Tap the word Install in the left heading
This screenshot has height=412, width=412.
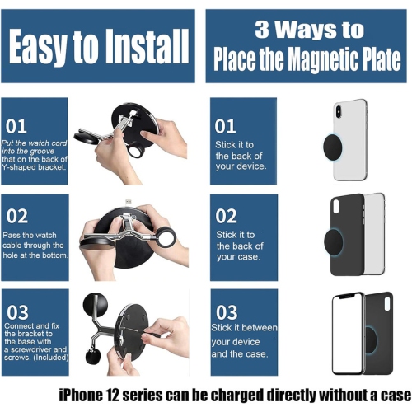(145, 48)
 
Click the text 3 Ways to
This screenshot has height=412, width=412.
(308, 30)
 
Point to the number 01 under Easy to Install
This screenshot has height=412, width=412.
(17, 126)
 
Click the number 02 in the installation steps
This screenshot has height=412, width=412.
(17, 217)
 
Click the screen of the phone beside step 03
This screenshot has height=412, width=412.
(347, 330)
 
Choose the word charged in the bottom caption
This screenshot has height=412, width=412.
(239, 394)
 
